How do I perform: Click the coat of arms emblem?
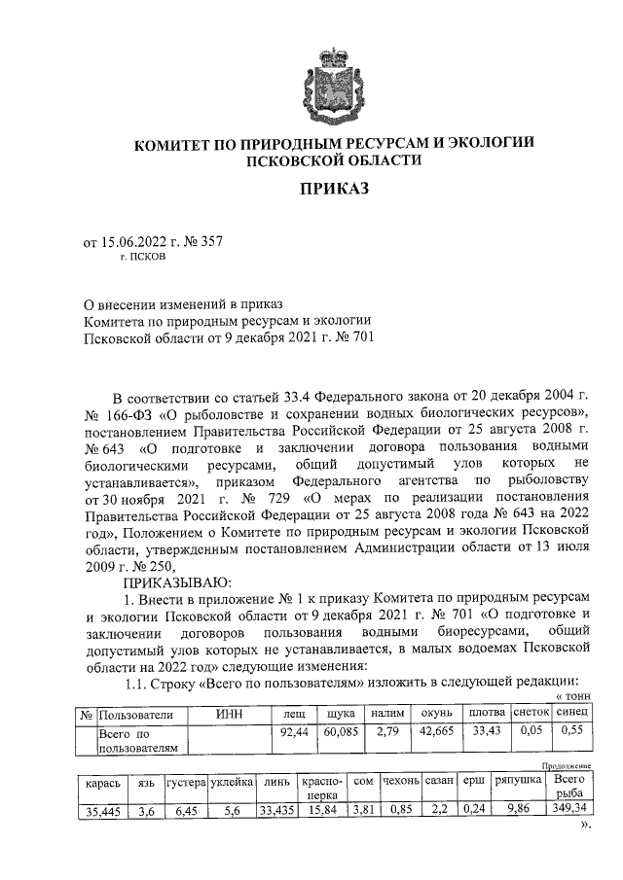point(334,84)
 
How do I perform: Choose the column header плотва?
point(487,715)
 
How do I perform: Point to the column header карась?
point(102,782)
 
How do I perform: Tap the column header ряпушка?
point(514,782)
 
